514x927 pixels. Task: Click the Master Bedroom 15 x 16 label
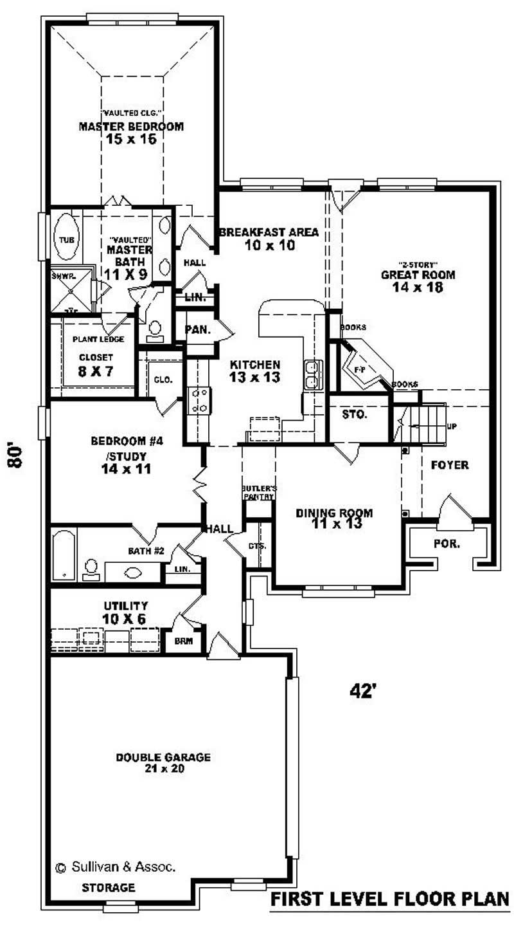131,132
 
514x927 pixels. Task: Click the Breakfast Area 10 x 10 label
269,238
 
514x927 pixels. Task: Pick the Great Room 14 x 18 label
418,280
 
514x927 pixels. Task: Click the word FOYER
449,464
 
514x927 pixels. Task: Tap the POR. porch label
447,544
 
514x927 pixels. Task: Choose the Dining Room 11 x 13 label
334,518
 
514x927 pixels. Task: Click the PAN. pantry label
197,329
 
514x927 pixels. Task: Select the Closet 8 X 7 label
96,364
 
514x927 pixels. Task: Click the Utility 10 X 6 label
125,612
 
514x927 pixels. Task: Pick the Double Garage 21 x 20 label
163,762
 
